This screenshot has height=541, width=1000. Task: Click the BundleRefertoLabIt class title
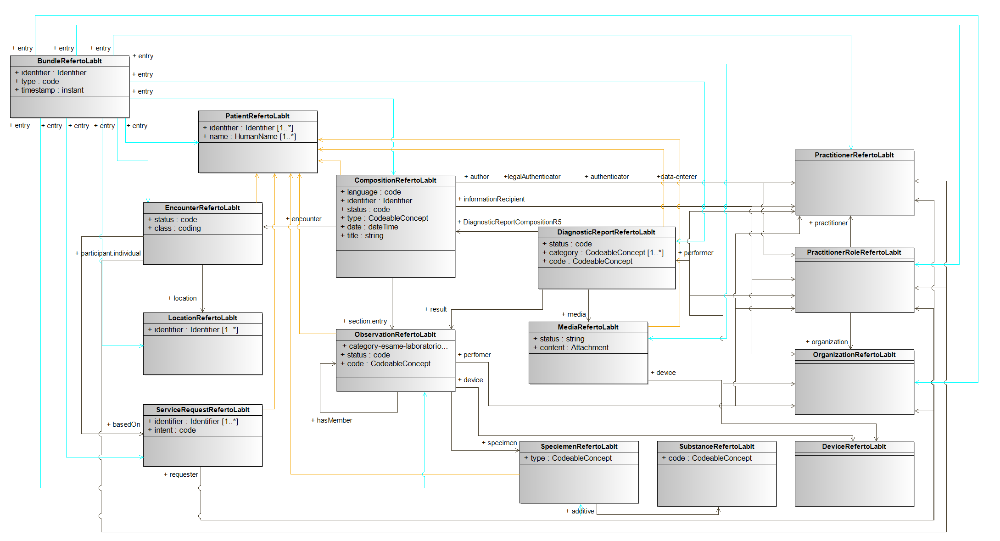tap(69, 61)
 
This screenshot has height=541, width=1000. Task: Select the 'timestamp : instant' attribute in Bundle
tap(52, 90)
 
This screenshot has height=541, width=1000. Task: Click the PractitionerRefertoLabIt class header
tap(854, 155)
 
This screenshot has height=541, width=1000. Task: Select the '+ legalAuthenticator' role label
tap(532, 177)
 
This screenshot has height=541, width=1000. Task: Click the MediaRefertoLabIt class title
tap(588, 327)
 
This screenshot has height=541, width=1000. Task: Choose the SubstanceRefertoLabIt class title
tap(716, 446)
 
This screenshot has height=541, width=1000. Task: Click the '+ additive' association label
tap(582, 511)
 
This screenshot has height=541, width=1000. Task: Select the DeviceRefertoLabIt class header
tap(854, 446)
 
